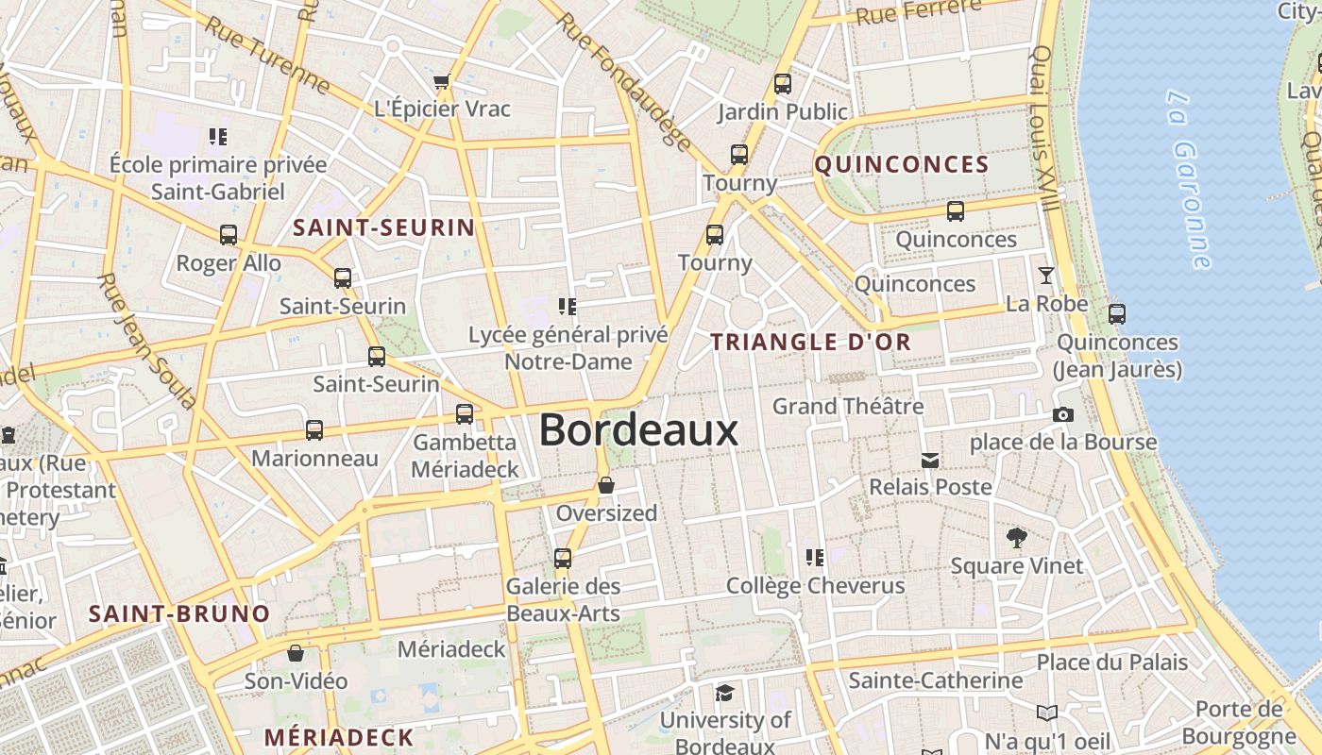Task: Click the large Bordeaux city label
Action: [x=638, y=430]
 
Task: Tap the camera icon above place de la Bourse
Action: [x=1063, y=414]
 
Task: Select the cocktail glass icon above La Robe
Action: [x=1046, y=276]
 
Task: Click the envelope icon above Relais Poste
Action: [x=930, y=460]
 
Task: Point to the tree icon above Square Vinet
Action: [x=1016, y=538]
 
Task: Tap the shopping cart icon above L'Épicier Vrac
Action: [x=441, y=81]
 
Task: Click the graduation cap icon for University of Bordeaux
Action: [x=724, y=693]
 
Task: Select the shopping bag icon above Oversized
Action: [x=606, y=485]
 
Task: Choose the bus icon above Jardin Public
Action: [x=782, y=83]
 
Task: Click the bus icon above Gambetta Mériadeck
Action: [x=464, y=413]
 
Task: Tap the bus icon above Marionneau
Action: [x=314, y=430]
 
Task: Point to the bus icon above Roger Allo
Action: [x=229, y=234]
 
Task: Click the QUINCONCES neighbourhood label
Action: [x=902, y=165]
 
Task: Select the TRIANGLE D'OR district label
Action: [x=811, y=342]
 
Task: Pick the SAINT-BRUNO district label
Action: [x=179, y=613]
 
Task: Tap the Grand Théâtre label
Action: [x=848, y=407]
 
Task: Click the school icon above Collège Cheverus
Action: [x=815, y=557]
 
